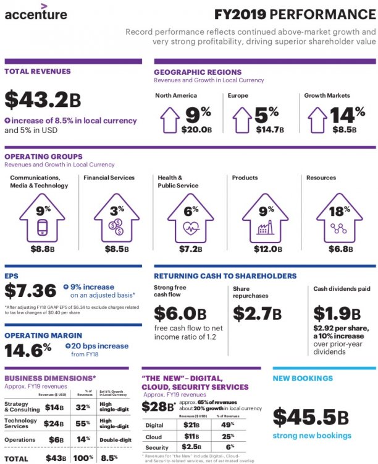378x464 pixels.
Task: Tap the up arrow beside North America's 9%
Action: [170, 119]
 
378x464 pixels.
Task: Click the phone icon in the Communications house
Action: [43, 227]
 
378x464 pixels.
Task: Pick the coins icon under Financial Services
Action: [116, 227]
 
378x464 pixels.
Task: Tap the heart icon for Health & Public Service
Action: [191, 227]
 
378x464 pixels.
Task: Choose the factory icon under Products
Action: [265, 228]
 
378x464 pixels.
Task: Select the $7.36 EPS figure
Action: [30, 291]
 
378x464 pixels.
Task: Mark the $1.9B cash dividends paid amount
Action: [338, 312]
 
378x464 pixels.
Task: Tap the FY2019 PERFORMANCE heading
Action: [295, 14]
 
